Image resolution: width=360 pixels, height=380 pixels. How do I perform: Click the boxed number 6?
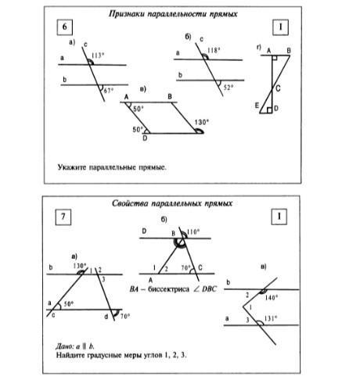coord(64,27)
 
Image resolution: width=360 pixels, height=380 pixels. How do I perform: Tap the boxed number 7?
coord(63,217)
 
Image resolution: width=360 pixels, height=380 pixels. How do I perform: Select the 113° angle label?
coord(98,56)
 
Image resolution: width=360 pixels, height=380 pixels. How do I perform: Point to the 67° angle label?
coord(109,91)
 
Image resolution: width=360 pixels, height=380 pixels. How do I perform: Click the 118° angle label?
coord(214,50)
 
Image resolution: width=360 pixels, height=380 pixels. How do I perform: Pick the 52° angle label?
coord(229,88)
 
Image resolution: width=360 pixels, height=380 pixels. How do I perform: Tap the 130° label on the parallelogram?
coord(202,122)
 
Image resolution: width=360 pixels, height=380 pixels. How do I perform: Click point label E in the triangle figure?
coord(257,106)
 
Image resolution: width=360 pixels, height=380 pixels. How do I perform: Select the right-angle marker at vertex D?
coord(269,110)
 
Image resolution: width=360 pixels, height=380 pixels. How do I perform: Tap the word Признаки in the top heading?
coord(127,14)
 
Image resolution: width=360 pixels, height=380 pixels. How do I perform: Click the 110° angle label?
coord(193,232)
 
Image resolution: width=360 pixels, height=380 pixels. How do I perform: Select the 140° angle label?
coord(272,297)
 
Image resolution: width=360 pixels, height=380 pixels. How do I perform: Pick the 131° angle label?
coord(271,318)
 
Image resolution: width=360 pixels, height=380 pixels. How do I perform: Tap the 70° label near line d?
coord(125,316)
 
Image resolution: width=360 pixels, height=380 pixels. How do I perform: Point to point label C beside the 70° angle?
coord(200,267)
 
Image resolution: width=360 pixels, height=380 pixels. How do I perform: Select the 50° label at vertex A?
coord(139,109)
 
